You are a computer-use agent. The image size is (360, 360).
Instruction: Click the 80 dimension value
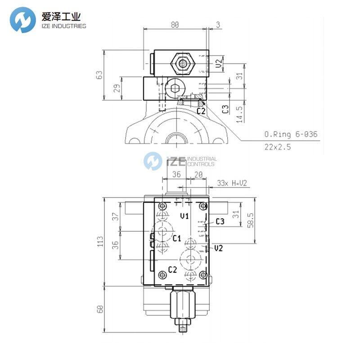[175, 25]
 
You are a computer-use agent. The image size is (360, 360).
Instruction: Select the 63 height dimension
[100, 75]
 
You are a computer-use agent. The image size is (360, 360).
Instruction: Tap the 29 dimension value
[117, 89]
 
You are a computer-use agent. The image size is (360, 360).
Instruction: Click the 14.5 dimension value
[240, 114]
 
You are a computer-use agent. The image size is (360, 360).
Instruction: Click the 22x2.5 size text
[279, 147]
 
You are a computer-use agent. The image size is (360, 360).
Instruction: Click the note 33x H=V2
[232, 183]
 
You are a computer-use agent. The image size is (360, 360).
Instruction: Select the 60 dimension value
[100, 309]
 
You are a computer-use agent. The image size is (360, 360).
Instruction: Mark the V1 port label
[184, 216]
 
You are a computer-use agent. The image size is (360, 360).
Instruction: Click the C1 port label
[177, 238]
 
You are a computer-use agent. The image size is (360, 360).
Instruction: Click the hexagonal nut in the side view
[182, 64]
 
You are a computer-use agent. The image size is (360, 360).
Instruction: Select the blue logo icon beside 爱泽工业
[23, 21]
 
